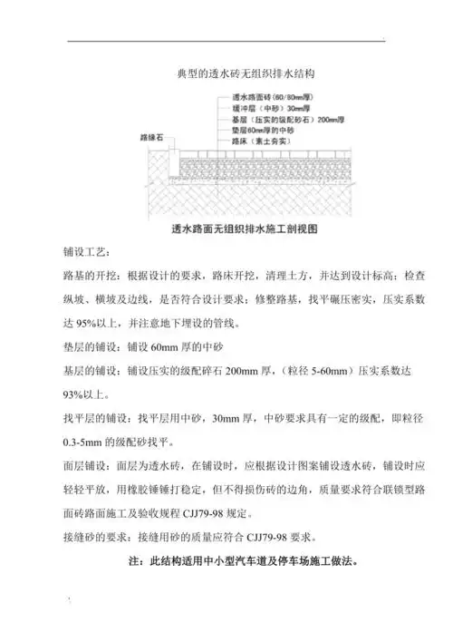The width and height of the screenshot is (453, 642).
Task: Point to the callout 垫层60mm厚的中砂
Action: pyautogui.click(x=255, y=131)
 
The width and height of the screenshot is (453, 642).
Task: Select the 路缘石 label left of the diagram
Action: pyautogui.click(x=148, y=138)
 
